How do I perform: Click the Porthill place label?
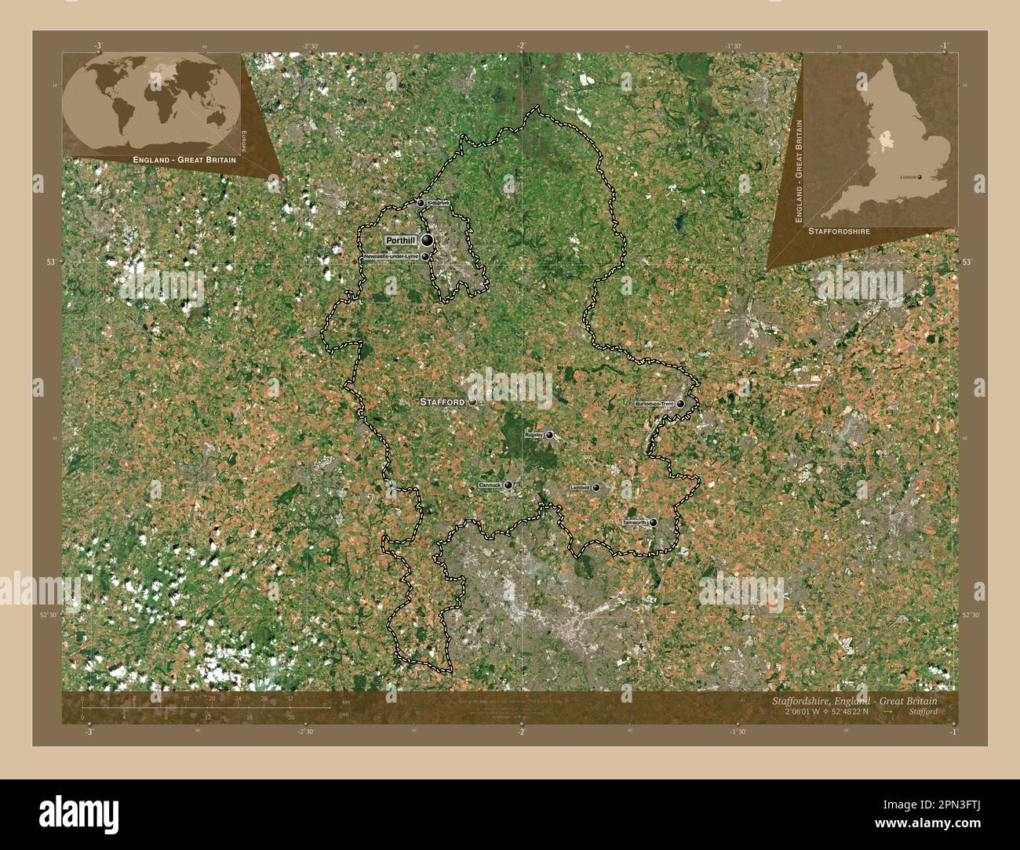tap(401, 240)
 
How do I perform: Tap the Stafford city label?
tap(443, 401)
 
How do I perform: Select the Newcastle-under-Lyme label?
tap(391, 256)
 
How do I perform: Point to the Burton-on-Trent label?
tap(654, 404)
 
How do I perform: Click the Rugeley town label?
tap(534, 434)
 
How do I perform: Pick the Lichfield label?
tap(580, 488)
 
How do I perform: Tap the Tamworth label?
tap(634, 522)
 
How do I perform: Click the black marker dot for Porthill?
tap(427, 240)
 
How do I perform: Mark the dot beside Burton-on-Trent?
tap(680, 404)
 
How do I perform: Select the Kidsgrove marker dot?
tap(421, 203)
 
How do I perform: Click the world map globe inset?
tap(151, 102)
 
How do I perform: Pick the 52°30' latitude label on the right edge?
tap(971, 616)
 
